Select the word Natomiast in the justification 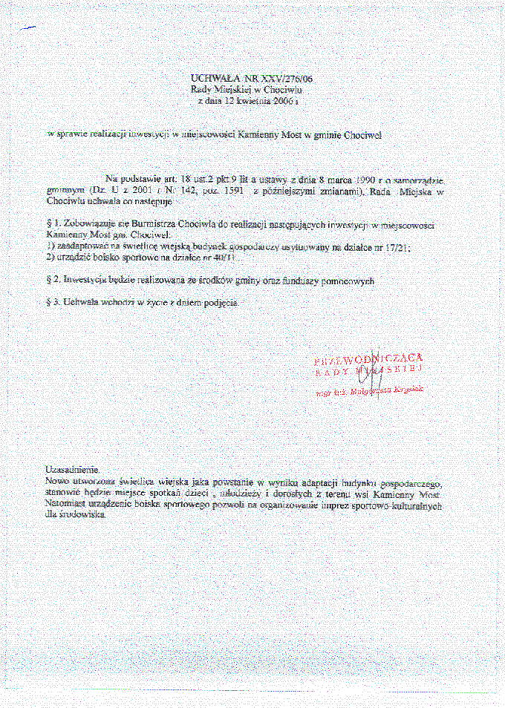(x=66, y=503)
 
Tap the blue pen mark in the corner (x=28, y=28)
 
